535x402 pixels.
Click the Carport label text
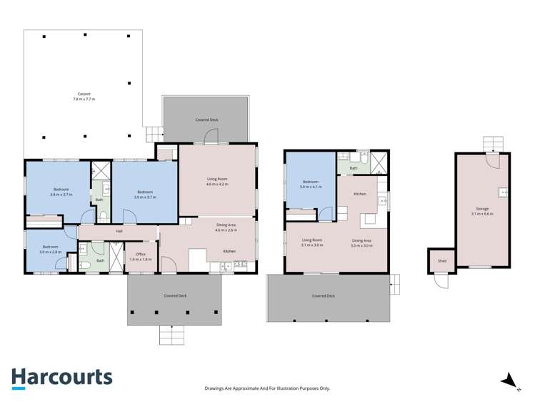tap(84, 97)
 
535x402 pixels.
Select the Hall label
tap(119, 231)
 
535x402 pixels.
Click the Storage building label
tap(483, 211)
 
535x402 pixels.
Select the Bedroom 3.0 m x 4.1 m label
tap(311, 184)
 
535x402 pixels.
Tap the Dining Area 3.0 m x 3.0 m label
tap(361, 242)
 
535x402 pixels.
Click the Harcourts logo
tap(61, 377)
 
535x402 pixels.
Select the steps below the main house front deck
tap(171, 334)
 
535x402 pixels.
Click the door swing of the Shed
tap(443, 281)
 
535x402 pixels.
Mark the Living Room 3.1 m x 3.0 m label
tap(312, 242)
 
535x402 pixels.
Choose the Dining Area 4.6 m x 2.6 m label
tap(226, 227)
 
